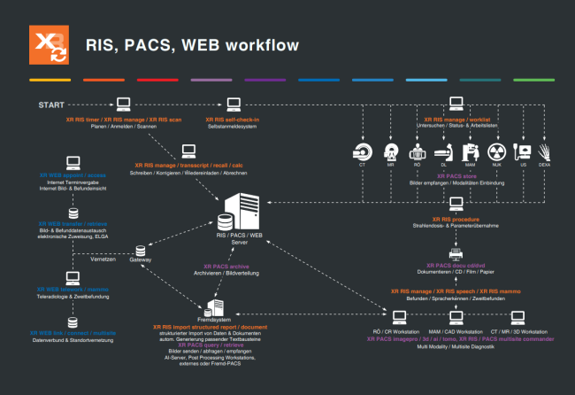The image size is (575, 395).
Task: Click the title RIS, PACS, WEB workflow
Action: coord(191,44)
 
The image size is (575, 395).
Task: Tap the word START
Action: coord(50,105)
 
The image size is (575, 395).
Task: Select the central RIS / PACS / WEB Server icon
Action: coord(237,213)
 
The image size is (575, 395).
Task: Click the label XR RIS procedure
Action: coord(456,219)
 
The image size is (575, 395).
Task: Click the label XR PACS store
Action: coord(455,175)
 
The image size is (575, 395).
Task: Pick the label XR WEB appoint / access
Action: coord(73,175)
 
